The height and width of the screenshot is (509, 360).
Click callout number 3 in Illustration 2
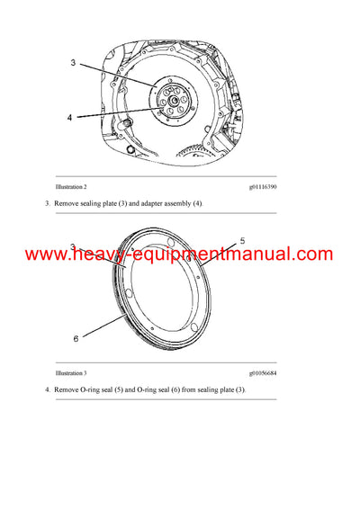(73, 63)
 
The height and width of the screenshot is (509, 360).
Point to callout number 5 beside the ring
(242, 241)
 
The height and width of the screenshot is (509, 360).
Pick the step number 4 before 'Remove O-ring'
(47, 390)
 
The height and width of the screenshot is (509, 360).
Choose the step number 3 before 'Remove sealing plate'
(47, 204)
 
